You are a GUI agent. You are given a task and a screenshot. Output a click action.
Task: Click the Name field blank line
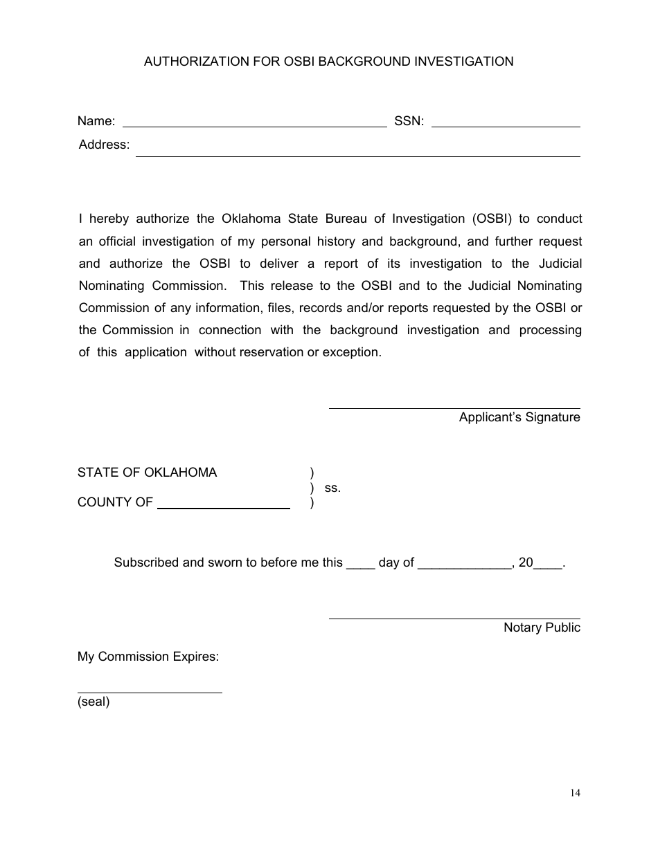[x=254, y=126]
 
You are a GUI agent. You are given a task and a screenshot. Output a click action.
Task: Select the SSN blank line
[x=506, y=126]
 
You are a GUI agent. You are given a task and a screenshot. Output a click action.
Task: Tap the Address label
[x=104, y=145]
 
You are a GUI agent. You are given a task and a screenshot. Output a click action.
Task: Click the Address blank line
[x=357, y=155]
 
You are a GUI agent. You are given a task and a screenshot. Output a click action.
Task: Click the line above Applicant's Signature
[x=454, y=408]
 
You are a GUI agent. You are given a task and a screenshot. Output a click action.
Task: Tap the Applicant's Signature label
[x=519, y=417]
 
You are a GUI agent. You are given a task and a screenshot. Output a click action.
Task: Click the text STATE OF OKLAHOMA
[x=147, y=473]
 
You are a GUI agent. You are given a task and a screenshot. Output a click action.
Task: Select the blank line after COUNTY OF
[x=223, y=507]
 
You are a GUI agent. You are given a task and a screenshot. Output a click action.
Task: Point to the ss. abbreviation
[x=332, y=488]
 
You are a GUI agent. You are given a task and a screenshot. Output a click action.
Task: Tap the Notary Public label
[x=542, y=628]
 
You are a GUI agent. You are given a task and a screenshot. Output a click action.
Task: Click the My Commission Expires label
[x=148, y=657]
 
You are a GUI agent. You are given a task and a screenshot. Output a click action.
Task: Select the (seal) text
[x=94, y=702]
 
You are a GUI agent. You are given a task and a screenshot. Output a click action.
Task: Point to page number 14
[x=576, y=793]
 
